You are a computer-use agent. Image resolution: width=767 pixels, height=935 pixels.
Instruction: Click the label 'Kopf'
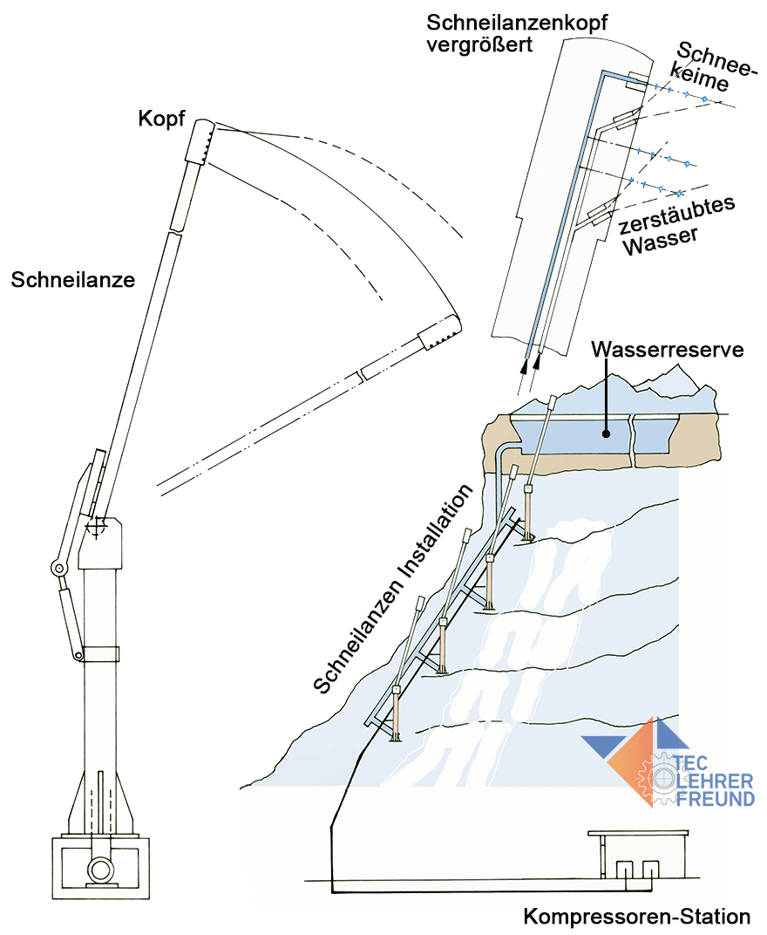pos(161,119)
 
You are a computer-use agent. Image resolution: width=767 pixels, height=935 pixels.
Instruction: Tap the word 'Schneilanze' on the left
pos(73,280)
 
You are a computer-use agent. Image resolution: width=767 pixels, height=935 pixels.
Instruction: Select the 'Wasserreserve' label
pos(667,350)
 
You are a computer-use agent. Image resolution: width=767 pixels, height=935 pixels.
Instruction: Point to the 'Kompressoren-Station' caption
pos(636,917)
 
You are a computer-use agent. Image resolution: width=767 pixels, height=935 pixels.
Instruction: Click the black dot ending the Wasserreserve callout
pos(605,429)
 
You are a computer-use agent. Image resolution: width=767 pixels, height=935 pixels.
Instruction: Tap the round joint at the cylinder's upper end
pos(60,569)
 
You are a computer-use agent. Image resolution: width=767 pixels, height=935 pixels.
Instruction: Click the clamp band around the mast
pos(100,652)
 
